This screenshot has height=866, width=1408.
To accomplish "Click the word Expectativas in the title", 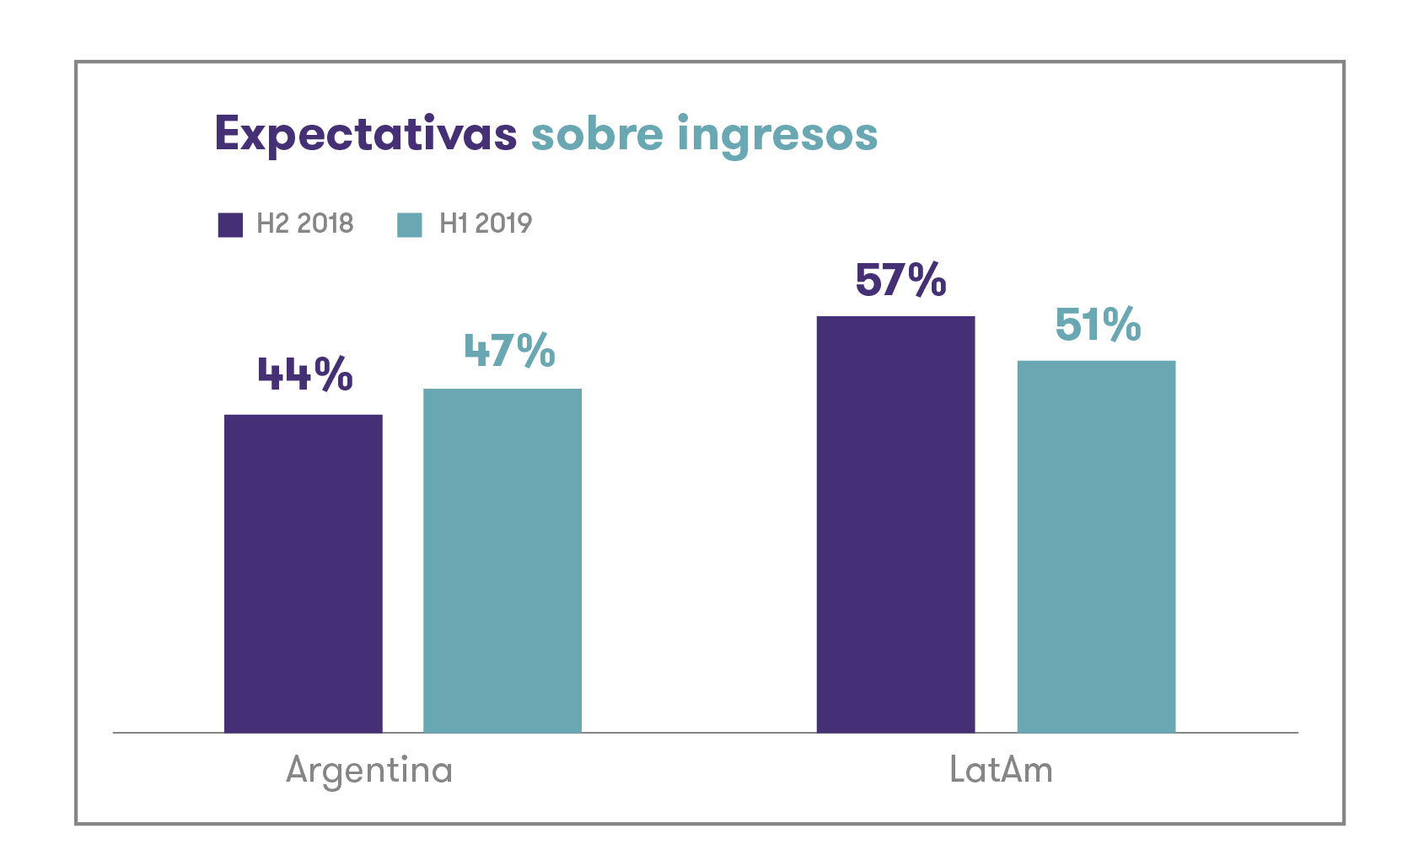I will click(x=365, y=135).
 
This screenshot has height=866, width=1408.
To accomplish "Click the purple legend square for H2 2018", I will click(x=230, y=225).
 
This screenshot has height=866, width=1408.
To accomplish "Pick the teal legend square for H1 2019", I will click(x=410, y=225).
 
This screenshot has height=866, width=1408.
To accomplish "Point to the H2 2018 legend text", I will click(x=304, y=223).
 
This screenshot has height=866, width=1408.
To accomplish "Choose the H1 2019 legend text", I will click(x=486, y=223).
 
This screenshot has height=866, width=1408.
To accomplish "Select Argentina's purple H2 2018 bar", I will click(x=304, y=573).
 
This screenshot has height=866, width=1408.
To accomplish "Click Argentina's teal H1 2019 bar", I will click(x=502, y=561).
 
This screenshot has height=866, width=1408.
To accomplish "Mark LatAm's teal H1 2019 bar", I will click(x=1096, y=546).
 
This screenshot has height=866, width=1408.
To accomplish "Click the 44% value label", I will click(x=304, y=374).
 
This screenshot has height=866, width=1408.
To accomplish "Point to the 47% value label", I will click(x=509, y=351).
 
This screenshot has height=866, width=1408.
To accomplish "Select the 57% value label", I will click(x=900, y=280).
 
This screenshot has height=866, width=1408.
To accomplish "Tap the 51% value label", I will click(x=1098, y=325).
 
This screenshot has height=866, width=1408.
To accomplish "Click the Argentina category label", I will click(x=369, y=770).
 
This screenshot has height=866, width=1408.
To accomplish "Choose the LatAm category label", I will click(x=1001, y=770).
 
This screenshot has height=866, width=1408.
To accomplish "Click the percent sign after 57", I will click(x=927, y=280).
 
